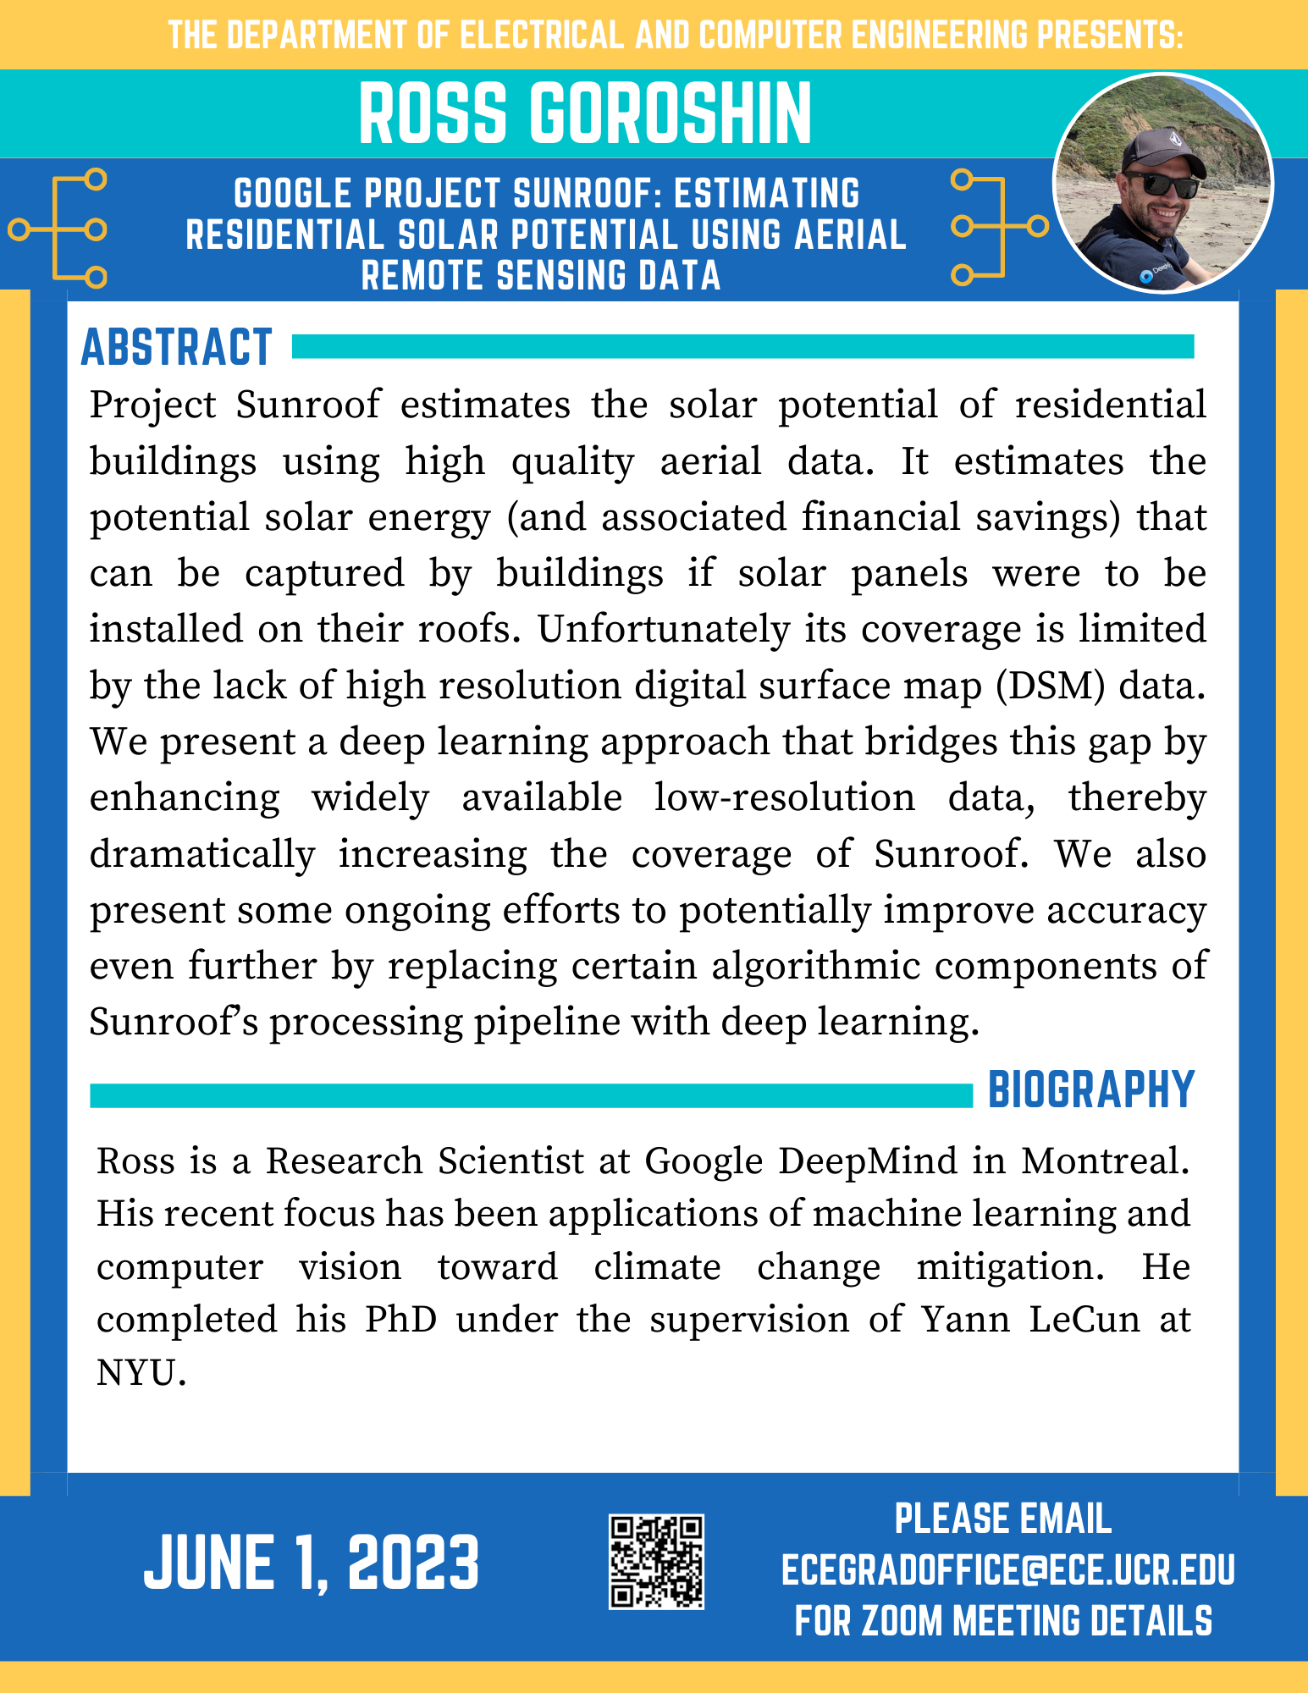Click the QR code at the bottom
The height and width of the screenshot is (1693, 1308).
(656, 1562)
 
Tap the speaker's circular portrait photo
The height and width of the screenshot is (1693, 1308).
(1162, 184)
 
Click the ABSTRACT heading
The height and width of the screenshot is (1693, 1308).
(176, 348)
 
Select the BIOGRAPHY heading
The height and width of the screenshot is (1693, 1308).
(1091, 1089)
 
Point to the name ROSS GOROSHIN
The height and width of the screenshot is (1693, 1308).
(585, 113)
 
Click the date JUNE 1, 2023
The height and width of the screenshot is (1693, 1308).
(312, 1563)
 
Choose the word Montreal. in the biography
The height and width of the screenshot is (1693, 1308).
(1106, 1161)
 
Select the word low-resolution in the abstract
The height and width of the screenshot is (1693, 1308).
(784, 798)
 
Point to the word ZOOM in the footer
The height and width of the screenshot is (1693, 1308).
(902, 1621)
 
